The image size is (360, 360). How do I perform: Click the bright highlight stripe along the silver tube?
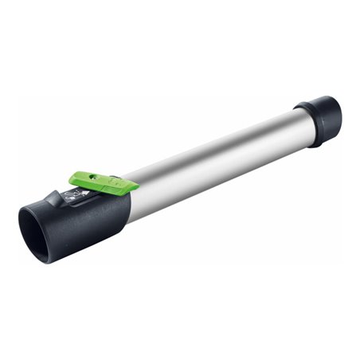(215, 151)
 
